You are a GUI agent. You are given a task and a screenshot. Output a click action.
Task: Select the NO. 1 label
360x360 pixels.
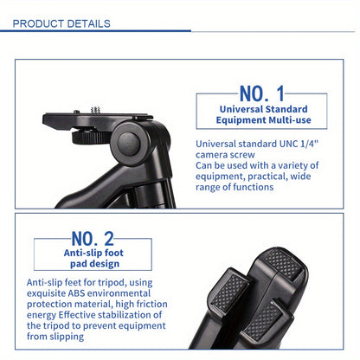(x=262, y=93)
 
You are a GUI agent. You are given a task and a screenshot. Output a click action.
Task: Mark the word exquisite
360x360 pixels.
(x=47, y=293)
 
